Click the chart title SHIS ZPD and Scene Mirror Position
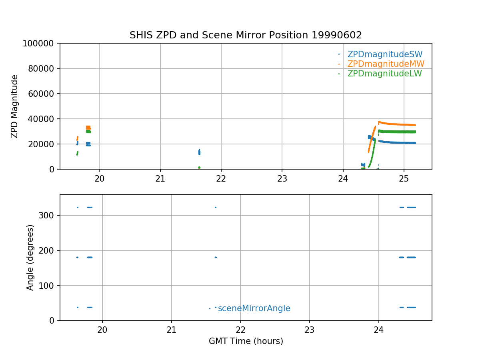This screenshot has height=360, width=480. tap(246, 35)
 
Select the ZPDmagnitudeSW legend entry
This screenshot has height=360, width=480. tap(385, 54)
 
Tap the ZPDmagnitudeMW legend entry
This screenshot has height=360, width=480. tap(386, 64)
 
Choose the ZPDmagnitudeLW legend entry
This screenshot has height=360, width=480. tap(384, 74)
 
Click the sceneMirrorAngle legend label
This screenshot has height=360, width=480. tap(254, 308)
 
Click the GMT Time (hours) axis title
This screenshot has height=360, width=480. tap(246, 341)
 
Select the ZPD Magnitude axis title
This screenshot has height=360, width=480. tap(15, 106)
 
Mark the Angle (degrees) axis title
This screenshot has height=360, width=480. tap(30, 257)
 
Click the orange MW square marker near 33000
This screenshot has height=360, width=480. tap(88, 128)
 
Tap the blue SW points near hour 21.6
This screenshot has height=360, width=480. tap(199, 152)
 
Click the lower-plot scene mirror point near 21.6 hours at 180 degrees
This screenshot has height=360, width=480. tap(216, 257)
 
